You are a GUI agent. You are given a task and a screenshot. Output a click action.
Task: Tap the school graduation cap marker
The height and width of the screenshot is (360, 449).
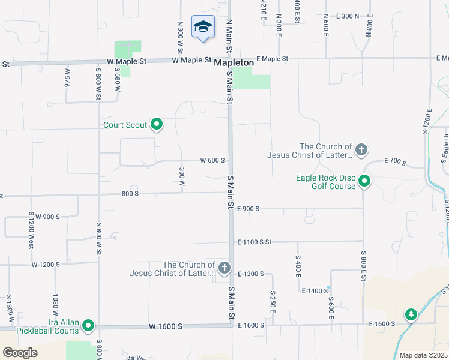203,27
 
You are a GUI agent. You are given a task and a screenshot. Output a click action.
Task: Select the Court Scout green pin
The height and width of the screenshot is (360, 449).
157,125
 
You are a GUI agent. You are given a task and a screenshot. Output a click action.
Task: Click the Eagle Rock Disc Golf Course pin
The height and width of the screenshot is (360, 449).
364,181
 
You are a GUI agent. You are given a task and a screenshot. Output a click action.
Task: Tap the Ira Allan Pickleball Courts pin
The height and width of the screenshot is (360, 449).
88,326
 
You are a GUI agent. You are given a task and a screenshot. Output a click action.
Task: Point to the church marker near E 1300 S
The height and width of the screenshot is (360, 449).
224,268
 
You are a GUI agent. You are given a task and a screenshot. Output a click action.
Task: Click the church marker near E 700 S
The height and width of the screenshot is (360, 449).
361,150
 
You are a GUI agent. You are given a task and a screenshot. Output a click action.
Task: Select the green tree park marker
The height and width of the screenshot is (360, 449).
411,314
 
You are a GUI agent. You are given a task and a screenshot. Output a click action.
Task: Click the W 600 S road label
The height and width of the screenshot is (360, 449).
212,161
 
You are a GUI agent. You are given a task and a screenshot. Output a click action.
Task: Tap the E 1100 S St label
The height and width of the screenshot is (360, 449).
255,242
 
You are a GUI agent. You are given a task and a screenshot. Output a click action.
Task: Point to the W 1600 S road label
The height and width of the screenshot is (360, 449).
165,327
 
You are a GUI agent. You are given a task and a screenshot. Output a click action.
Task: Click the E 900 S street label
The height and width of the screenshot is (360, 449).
248,209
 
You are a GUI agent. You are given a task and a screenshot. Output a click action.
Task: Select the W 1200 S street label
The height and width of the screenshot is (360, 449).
46,264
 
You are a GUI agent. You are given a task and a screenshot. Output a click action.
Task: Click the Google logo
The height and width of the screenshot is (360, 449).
19,352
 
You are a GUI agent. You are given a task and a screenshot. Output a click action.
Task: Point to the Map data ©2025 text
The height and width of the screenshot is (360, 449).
423,355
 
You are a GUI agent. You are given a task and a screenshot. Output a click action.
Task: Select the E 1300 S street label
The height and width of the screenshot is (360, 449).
251,274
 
